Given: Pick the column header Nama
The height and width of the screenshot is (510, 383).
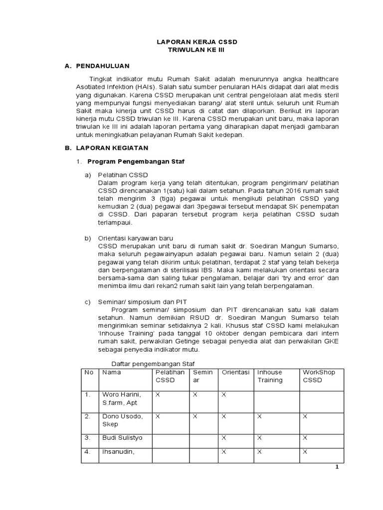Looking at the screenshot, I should (112, 372).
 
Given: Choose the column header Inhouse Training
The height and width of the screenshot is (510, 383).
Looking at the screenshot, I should (270, 376).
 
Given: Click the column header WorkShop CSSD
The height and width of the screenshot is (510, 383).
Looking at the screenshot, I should (319, 376).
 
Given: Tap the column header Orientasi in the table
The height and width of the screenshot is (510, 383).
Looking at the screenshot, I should (235, 372).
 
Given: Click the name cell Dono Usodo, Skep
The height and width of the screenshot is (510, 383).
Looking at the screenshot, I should (122, 420).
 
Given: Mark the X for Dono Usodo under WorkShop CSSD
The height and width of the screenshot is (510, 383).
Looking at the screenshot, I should (305, 416).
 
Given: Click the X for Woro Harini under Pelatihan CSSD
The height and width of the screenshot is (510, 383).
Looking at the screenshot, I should (158, 394).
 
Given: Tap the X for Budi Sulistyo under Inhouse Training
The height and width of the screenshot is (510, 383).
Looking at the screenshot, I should (259, 438).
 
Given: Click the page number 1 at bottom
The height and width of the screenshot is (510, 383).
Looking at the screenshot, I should (337, 467).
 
